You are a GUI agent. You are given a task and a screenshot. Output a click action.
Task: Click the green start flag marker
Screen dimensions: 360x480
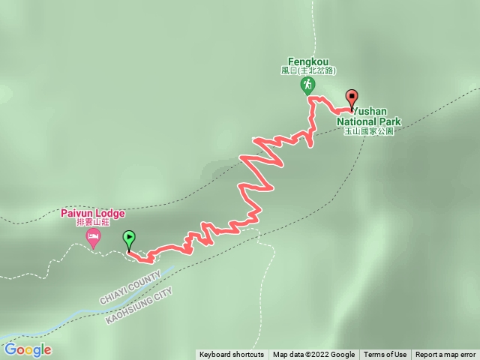click(x=129, y=239)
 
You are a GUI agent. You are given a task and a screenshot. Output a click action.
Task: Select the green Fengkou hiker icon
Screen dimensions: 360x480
click(x=307, y=85)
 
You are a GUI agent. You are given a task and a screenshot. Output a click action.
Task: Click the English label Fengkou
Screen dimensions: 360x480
click(x=307, y=61)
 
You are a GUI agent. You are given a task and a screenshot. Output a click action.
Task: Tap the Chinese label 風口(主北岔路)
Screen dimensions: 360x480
click(x=307, y=70)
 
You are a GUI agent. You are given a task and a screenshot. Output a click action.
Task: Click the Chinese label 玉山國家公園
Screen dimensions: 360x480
click(x=369, y=131)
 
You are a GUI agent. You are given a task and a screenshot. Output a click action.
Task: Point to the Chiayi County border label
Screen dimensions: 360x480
click(x=129, y=289)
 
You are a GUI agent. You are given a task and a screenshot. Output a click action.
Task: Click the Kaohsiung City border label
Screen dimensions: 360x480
click(x=139, y=304)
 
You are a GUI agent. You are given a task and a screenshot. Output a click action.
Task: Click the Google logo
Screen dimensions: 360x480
click(x=28, y=349)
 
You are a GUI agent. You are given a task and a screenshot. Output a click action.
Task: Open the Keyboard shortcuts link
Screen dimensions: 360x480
click(x=232, y=355)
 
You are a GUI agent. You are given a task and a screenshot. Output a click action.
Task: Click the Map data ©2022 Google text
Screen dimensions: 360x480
click(x=313, y=355)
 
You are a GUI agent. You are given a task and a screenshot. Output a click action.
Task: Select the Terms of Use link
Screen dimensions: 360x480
click(x=385, y=355)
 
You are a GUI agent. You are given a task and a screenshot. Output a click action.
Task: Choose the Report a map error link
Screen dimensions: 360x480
click(x=445, y=355)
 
